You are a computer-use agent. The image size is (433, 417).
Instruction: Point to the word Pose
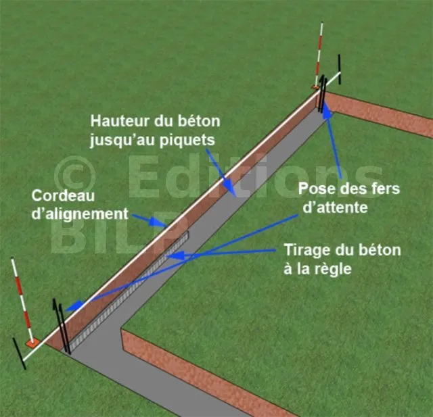pos(314,191)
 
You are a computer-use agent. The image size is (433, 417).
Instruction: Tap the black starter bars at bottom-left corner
pos(61,324)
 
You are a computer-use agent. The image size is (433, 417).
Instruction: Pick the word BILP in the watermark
pos(108,233)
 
